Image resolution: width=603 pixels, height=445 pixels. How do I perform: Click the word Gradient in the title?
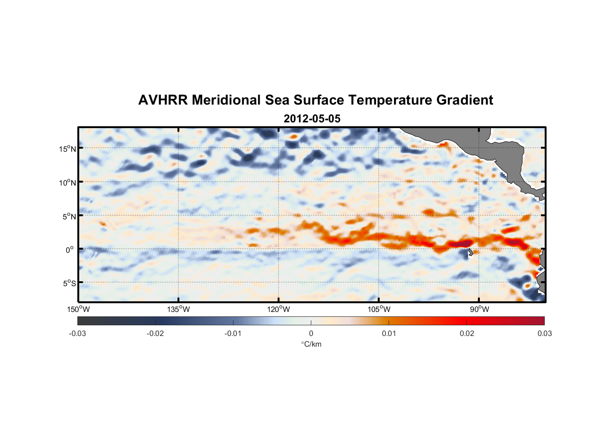[464, 100]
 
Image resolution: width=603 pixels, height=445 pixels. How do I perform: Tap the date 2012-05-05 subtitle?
[312, 119]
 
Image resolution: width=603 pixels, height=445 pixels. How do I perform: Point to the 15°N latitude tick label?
[68, 149]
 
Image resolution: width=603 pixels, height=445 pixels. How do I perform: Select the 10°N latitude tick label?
[68, 182]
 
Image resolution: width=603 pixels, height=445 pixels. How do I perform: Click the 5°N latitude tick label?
[69, 216]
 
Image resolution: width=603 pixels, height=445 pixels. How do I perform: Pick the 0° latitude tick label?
[70, 250]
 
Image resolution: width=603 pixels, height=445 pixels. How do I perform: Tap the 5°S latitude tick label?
[69, 283]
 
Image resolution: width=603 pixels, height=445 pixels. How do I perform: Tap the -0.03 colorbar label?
[77, 334]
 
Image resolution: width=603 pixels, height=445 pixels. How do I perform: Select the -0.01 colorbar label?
[233, 334]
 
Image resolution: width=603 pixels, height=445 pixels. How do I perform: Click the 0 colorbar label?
[311, 334]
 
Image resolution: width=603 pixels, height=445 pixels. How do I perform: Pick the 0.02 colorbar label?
[467, 334]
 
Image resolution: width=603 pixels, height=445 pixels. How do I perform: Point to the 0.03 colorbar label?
[544, 334]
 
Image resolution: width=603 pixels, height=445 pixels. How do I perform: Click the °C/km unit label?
[311, 344]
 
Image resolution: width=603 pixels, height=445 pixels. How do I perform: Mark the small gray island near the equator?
[470, 253]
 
